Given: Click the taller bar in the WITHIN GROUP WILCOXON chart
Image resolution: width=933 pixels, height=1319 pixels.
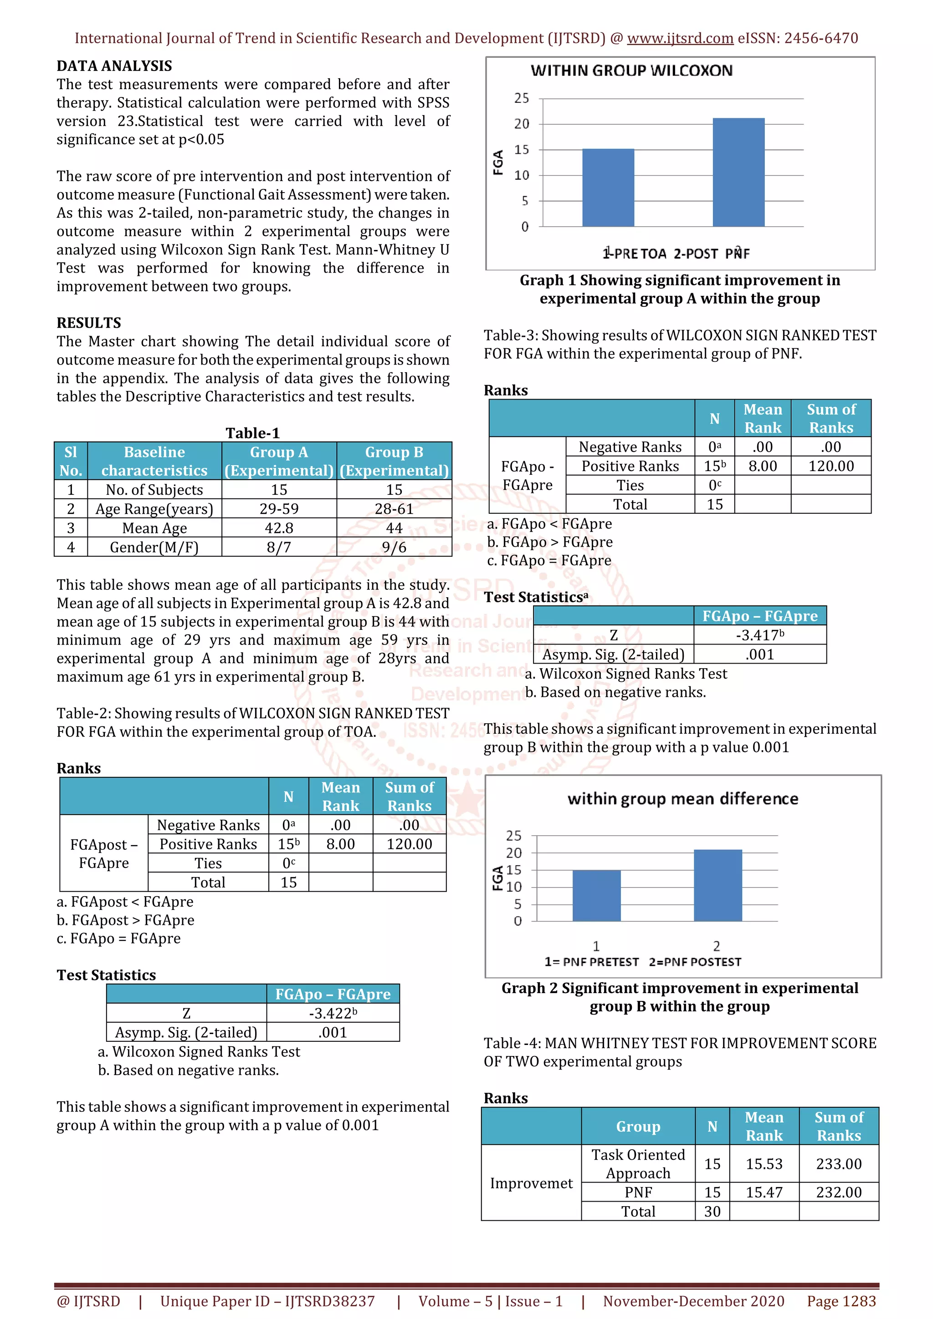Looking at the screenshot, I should coord(738,172).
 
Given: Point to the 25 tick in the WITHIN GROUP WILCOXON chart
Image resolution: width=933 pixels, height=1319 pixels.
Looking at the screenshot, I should coord(522,98).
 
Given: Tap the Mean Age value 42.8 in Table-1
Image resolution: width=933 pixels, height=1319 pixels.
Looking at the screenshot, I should coord(279,528).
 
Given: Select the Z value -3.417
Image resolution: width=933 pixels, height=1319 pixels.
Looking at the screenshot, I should coord(759,635).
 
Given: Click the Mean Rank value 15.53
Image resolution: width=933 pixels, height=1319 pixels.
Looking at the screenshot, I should coord(764,1164).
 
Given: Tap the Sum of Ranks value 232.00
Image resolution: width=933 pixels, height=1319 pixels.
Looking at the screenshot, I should coord(838,1192).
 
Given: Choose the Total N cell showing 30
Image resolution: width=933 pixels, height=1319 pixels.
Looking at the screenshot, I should coord(712,1211).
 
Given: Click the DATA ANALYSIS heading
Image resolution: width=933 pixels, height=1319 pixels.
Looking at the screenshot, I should coord(114,66).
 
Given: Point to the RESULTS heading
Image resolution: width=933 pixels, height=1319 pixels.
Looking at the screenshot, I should coord(88,323).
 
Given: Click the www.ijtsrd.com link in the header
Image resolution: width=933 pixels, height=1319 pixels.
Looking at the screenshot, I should coord(680,39).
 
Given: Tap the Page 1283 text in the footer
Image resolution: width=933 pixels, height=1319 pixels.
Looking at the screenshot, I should coord(841,1301).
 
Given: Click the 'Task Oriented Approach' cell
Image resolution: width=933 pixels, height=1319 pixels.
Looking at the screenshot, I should coord(638,1164).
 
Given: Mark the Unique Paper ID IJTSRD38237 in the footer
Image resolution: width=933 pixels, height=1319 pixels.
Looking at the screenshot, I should coord(267,1301).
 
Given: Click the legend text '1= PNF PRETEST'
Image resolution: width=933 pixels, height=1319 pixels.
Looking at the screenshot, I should coord(591,962).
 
